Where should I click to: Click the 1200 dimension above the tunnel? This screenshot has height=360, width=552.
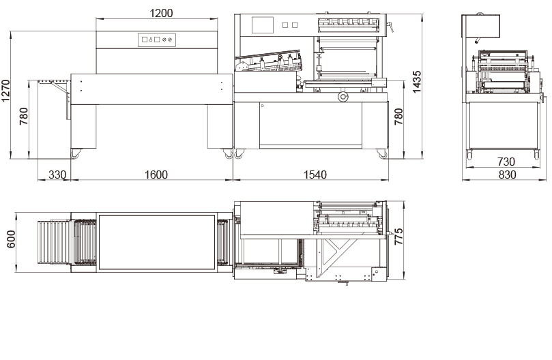161,13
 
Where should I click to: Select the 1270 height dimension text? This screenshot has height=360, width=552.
6,91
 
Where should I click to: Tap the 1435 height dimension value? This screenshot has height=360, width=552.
416,82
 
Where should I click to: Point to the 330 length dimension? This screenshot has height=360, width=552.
57,175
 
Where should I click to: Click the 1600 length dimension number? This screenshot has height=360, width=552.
156,175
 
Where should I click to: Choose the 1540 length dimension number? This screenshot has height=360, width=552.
315,175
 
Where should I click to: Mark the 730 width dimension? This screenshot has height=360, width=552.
506,162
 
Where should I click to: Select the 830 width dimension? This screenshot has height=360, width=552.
507,175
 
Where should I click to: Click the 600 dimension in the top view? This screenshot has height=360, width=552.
11,239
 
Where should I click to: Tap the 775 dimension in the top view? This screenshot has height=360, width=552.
398,237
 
